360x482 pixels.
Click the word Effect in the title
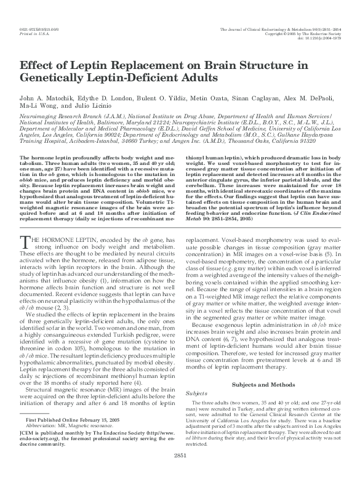pyautogui.click(x=38, y=66)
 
